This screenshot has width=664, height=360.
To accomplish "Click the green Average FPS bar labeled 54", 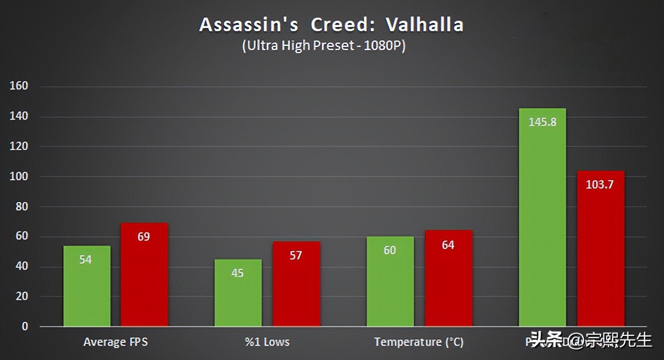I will pyautogui.click(x=87, y=287).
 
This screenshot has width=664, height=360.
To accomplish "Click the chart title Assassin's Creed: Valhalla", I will pyautogui.click(x=331, y=25).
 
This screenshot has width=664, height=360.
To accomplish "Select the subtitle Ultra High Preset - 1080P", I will pyautogui.click(x=324, y=46).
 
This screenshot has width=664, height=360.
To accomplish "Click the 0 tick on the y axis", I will pyautogui.click(x=24, y=327).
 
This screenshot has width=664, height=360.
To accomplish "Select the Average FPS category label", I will pyautogui.click(x=115, y=342).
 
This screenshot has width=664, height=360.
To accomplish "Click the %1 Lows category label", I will pyautogui.click(x=267, y=342).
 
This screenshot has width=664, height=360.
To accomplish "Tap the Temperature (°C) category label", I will pyautogui.click(x=419, y=342).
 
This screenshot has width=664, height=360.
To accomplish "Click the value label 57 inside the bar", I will pyautogui.click(x=296, y=256).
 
